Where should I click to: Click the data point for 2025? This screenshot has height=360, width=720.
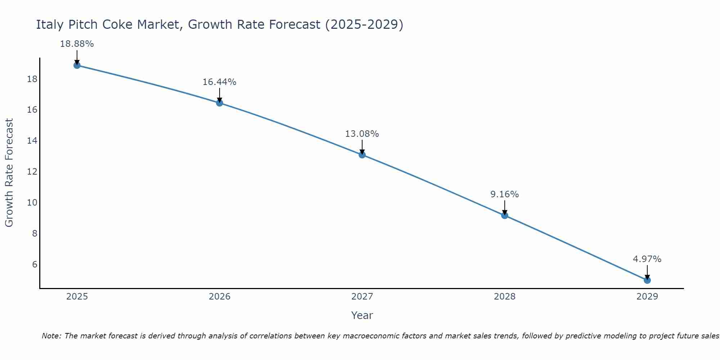[77, 65]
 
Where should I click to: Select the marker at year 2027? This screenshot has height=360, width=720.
[362, 155]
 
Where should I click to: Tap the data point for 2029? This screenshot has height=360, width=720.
[647, 280]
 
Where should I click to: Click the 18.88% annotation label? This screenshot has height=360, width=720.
[77, 44]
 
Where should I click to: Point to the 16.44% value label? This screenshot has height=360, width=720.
[219, 82]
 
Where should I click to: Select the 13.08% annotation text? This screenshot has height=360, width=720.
[362, 134]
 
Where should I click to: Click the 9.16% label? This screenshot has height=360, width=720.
[504, 194]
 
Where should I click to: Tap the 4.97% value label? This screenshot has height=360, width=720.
[647, 259]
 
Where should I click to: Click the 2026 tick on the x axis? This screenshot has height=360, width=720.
[220, 297]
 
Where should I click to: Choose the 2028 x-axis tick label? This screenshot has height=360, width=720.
[505, 297]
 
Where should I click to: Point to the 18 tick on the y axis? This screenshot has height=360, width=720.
[32, 79]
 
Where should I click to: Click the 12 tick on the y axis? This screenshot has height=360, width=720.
[32, 172]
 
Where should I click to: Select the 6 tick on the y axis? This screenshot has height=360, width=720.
[35, 265]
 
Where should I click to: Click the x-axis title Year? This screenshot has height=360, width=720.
[362, 315]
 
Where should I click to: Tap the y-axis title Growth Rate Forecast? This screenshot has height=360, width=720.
[9, 173]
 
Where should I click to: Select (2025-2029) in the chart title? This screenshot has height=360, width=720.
[364, 24]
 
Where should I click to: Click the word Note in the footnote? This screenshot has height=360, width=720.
[51, 336]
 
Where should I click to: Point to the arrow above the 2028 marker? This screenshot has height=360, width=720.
[505, 207]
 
